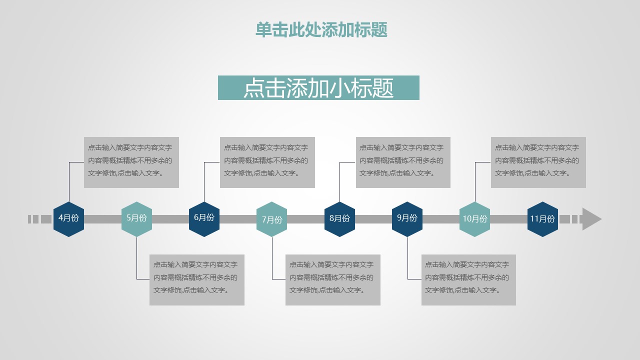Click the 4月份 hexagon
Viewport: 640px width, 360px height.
pos(68,218)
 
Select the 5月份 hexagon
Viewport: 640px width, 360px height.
pos(136,218)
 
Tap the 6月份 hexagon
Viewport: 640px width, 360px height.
pos(204,218)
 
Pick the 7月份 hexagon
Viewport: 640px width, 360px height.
pos(271,219)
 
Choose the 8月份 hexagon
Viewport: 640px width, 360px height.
pos(339,218)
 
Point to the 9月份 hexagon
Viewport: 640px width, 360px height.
pos(407,218)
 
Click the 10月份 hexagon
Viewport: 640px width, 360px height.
pos(474,219)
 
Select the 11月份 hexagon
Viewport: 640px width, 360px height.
pos(542,219)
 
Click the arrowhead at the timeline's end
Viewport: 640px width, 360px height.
pos(591,219)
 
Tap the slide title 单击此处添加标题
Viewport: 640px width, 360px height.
pos(321,30)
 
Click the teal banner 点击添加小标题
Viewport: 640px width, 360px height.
pos(318,88)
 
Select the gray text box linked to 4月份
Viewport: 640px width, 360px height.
pos(131,162)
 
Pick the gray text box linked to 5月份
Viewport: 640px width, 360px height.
pos(197,280)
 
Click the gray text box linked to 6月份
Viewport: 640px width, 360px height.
pos(267,162)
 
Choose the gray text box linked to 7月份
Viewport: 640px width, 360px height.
pos(333,280)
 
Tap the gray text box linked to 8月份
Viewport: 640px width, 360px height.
pos(403,162)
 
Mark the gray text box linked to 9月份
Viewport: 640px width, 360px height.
pos(468,280)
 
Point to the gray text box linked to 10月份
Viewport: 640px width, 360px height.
pos(538,162)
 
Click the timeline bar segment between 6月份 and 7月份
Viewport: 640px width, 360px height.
pos(238,219)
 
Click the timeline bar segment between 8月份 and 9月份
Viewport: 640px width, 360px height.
pos(373,219)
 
